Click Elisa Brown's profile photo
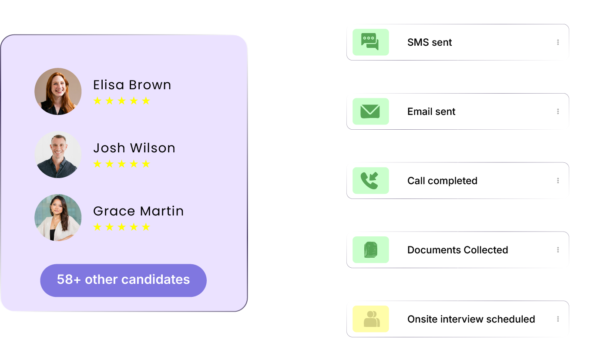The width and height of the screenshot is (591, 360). point(58,91)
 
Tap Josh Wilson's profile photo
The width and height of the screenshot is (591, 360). point(58,155)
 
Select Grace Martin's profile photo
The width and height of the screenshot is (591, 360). point(58,218)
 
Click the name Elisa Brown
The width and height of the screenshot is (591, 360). point(132,85)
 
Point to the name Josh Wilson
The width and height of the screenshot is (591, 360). point(134,148)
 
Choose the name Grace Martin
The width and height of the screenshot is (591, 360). point(138,211)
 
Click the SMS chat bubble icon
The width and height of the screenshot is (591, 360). point(370,42)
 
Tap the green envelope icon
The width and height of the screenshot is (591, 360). point(370,111)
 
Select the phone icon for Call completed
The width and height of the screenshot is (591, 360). point(370,181)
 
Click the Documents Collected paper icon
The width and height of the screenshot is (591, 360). point(370,250)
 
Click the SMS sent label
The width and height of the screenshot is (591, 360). point(430,42)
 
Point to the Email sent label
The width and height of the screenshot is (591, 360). point(431,111)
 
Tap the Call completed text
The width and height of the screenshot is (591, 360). point(442,181)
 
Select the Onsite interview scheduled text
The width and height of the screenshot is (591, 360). point(471,319)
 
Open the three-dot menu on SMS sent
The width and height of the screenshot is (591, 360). point(558,42)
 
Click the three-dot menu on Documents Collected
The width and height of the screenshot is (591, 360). point(558,250)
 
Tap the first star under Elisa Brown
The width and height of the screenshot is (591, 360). point(97,101)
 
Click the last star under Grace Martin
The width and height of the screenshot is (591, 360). point(146,227)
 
